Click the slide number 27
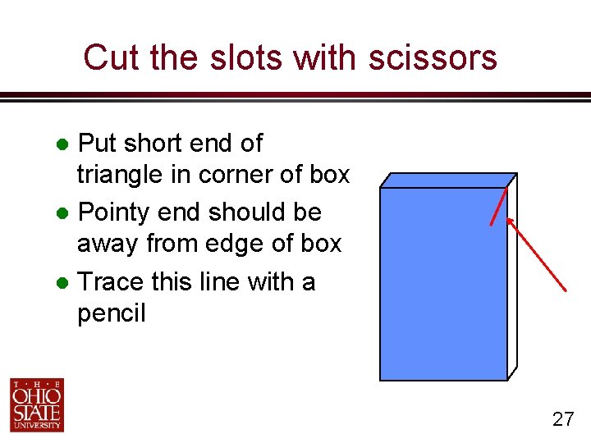pyautogui.click(x=562, y=420)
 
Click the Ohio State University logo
pyautogui.click(x=37, y=404)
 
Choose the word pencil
pyautogui.click(x=111, y=313)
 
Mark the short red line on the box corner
pyautogui.click(x=498, y=205)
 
